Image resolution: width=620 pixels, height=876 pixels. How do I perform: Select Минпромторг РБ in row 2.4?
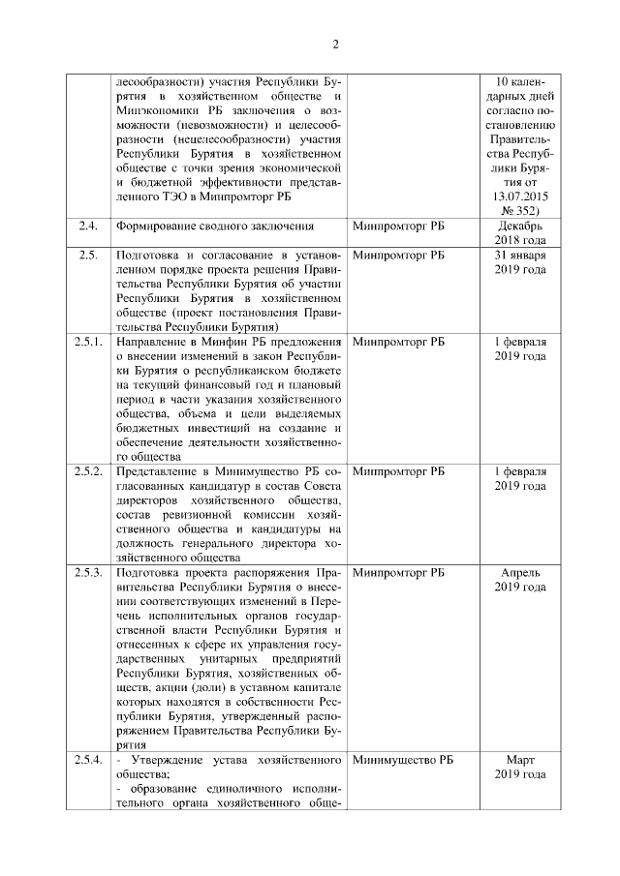(398, 227)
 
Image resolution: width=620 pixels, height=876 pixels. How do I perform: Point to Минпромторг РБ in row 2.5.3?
(398, 573)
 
